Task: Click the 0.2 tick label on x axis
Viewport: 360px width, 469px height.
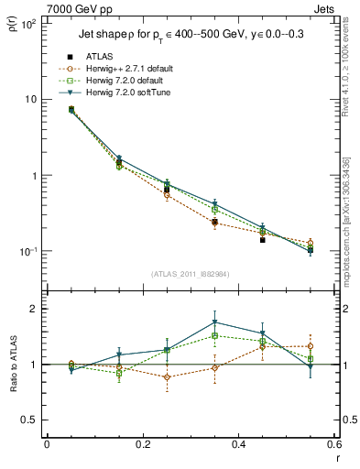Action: (142, 444)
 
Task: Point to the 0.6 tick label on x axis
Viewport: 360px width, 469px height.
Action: (333, 444)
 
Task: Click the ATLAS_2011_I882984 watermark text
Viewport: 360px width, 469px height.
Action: (190, 274)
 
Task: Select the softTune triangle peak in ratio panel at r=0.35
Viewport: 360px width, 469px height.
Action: (214, 322)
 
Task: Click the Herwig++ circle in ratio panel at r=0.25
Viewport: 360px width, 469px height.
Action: (167, 376)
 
